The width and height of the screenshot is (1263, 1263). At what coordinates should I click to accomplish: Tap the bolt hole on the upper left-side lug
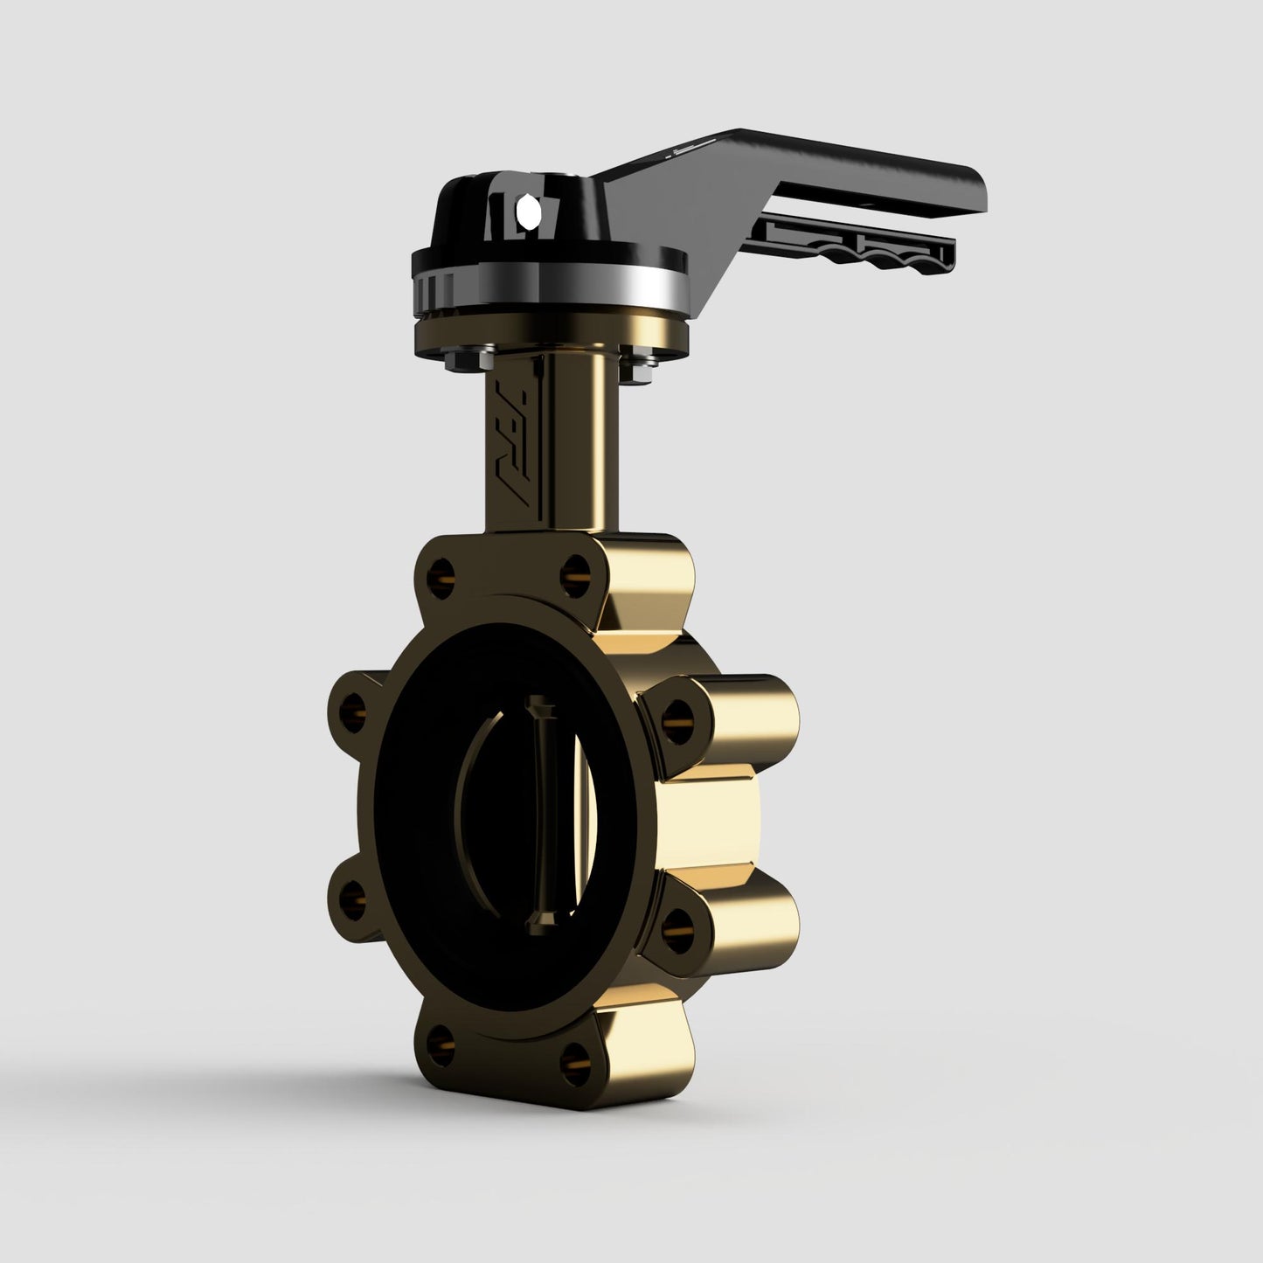[354, 701]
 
